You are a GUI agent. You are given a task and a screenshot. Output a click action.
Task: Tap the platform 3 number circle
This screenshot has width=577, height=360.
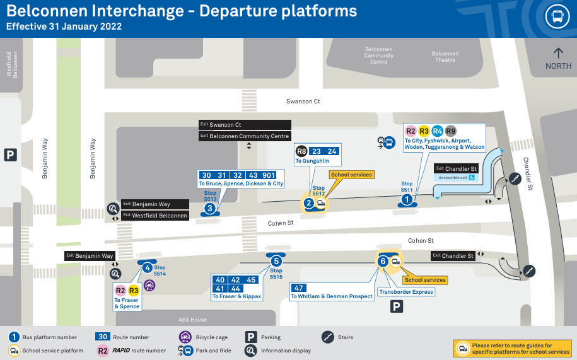coord(210,207)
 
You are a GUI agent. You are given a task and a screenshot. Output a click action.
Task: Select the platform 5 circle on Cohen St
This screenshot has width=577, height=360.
coord(276,261)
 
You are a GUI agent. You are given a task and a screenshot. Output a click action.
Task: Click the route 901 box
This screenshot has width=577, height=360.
coord(269,175)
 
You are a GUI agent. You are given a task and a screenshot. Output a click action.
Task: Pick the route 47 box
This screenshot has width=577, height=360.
coord(299,287)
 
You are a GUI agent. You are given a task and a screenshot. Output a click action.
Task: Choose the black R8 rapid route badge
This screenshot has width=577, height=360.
coord(302,151)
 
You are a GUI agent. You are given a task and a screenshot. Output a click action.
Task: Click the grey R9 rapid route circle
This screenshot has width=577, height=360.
coord(451,131)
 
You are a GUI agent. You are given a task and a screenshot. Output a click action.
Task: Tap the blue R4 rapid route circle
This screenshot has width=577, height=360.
coord(438,131)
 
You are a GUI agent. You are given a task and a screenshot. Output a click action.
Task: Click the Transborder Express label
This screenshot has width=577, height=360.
coord(406,292)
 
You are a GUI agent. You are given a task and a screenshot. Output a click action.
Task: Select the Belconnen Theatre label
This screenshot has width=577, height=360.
coord(445,57)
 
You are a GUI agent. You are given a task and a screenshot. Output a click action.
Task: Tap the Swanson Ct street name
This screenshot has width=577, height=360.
coord(303,101)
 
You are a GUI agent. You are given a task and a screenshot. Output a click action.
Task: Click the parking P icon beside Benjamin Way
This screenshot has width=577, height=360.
coord(11,154)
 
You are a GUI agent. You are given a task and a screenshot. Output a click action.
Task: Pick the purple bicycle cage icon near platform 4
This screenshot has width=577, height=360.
coord(149,285)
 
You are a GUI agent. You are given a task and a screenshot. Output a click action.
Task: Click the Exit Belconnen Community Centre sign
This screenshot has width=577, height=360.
coord(245,136)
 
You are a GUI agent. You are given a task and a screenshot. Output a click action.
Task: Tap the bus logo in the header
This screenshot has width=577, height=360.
coord(557,16)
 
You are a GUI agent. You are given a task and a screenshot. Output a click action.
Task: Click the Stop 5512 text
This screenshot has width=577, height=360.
coord(318,191)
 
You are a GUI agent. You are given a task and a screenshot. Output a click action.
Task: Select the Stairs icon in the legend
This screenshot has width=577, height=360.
coord(327,337)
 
